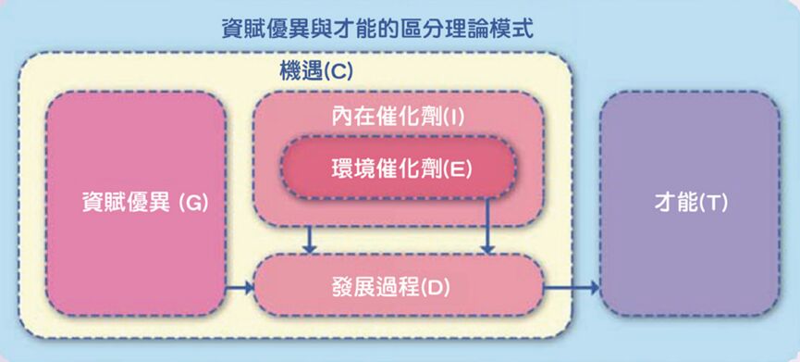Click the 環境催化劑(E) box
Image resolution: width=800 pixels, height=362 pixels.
398,168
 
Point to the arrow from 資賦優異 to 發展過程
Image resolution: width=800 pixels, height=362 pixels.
240,289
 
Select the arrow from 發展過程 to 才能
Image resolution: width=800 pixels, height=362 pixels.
570,289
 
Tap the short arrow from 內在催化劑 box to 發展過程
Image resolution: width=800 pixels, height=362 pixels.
311,240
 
